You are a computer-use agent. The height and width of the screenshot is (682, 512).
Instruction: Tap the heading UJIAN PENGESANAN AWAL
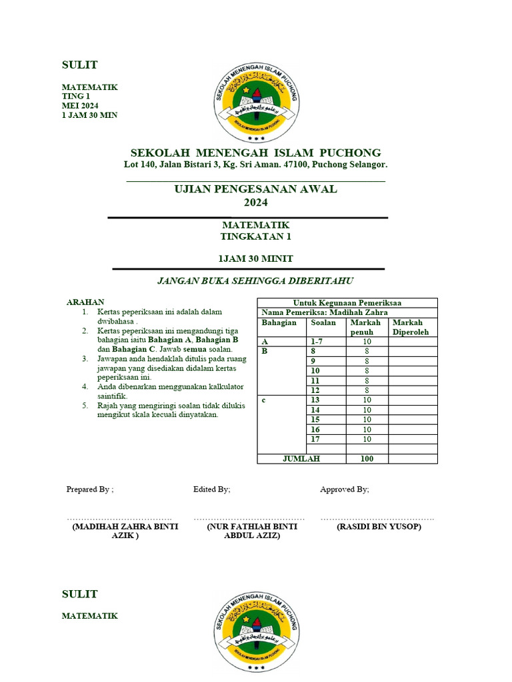255,189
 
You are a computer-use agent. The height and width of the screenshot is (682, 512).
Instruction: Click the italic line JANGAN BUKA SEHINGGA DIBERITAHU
255,280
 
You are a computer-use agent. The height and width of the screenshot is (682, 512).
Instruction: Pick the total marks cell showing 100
367,459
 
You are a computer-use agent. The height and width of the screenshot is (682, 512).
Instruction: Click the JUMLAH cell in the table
301,459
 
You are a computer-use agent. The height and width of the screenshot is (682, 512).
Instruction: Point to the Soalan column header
323,322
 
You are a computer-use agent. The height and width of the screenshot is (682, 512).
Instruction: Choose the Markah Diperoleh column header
411,327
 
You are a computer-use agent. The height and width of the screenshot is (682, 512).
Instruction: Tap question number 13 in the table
315,400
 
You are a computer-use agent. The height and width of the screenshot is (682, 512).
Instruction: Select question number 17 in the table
315,439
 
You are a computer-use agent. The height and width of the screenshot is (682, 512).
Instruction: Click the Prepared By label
90,490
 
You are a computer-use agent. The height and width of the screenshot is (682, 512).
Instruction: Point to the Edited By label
212,490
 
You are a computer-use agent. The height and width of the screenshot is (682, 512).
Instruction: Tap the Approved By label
344,490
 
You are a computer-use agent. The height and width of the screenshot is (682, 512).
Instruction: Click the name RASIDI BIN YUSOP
379,527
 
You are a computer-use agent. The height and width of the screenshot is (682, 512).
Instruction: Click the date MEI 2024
80,106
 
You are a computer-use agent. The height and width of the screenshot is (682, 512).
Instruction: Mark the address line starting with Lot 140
255,165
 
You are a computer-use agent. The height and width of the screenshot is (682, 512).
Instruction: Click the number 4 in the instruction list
85,387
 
